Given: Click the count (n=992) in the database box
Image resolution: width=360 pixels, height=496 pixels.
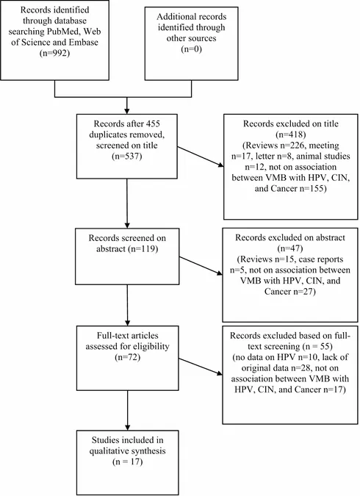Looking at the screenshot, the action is tap(54, 53).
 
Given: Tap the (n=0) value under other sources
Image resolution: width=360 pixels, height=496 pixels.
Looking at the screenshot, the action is tap(192, 49).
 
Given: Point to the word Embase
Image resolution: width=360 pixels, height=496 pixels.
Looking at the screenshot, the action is tap(84, 42).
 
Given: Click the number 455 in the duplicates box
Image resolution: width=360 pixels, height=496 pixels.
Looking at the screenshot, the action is tap(153, 123).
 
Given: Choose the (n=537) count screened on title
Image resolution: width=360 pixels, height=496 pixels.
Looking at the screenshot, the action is tap(127, 157).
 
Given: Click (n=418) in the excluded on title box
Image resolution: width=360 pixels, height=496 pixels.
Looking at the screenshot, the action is tap(291, 134).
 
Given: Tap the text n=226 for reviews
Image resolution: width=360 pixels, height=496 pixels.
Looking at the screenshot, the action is tap(287, 145).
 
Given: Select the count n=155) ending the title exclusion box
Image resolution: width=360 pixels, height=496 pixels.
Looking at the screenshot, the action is tap(314, 189).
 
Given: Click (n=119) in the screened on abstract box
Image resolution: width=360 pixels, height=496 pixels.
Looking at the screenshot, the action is tap(143, 248).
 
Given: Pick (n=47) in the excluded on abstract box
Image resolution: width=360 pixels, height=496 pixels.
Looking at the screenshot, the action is tap(290, 248).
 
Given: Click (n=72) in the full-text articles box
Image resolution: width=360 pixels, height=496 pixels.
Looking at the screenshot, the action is tap(127, 357).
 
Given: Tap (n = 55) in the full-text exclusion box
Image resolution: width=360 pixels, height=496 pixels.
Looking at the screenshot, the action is tap(317, 346).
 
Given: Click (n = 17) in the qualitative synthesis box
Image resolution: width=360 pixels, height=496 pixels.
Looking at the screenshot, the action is tap(128, 461).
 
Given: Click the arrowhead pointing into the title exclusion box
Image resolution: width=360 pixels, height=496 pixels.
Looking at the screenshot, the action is tap(220, 165).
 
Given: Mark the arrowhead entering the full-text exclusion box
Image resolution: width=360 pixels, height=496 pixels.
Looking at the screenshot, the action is tap(220, 373).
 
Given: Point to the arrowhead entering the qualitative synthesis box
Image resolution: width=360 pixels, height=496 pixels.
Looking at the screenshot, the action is tap(128, 427).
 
